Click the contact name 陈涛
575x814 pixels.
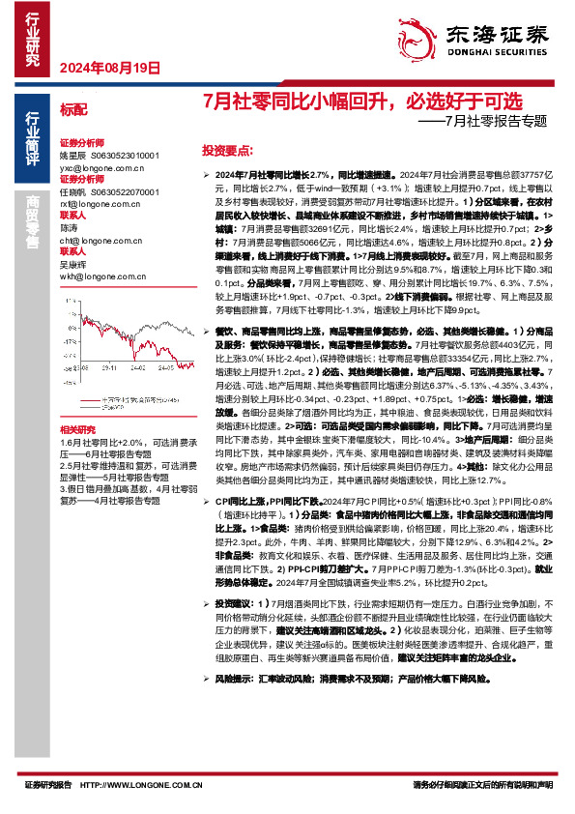69,228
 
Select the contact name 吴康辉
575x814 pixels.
73,264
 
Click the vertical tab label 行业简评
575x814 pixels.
32,138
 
